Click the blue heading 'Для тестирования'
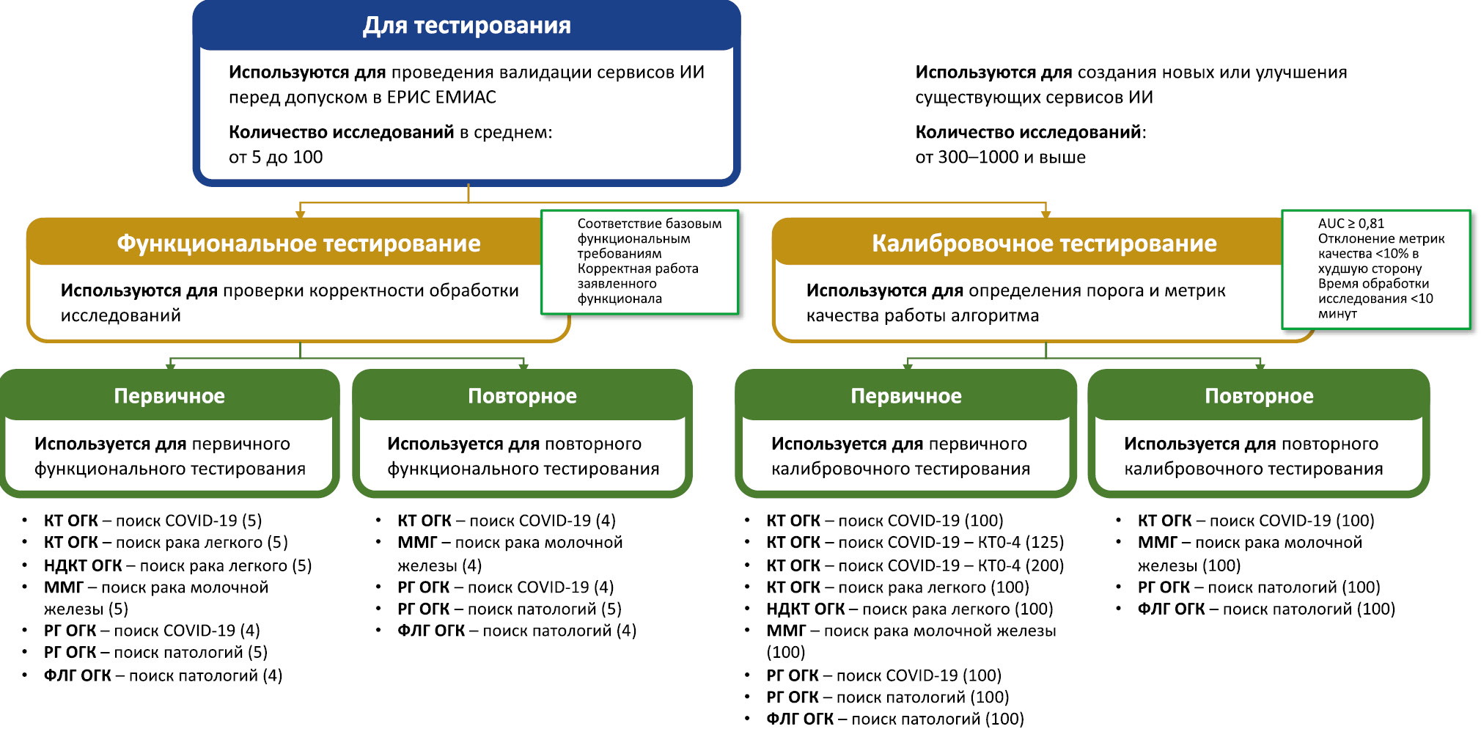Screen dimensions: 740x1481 [x=466, y=26]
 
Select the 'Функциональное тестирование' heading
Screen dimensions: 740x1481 [x=298, y=243]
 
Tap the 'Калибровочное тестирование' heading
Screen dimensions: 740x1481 [x=1043, y=243]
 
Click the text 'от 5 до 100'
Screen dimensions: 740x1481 [x=276, y=157]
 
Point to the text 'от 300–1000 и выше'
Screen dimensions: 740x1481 [x=1000, y=157]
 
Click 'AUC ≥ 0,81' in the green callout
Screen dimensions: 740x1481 [x=1350, y=224]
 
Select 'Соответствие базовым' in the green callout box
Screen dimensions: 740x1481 [x=649, y=224]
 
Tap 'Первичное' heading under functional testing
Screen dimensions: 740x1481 [x=169, y=396]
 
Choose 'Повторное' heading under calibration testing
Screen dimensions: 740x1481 [x=1259, y=396]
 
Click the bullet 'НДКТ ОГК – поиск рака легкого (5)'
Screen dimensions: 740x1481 [x=177, y=565]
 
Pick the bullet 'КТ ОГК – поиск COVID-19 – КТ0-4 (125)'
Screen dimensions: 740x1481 [x=915, y=542]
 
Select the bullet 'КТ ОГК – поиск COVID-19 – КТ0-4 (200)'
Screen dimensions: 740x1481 [x=915, y=565]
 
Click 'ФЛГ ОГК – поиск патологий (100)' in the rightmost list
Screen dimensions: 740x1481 [x=1266, y=609]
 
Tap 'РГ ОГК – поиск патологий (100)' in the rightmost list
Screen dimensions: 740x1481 [x=1259, y=587]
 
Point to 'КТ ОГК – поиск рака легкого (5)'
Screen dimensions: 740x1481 [x=166, y=542]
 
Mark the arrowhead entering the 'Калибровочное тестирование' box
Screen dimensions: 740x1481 [x=1045, y=214]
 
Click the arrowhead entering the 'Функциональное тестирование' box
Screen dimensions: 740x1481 [x=300, y=214]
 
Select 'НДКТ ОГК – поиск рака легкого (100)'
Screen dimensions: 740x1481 [x=909, y=609]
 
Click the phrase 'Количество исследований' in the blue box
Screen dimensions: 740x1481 [x=341, y=132]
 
